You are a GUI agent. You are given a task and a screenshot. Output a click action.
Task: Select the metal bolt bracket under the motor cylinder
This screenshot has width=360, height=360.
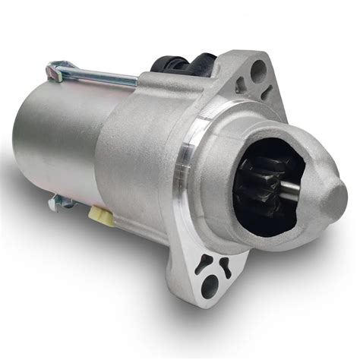pyautogui.click(x=61, y=203)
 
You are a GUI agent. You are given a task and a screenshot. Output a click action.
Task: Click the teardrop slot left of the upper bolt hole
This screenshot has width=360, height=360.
pyautogui.click(x=241, y=83)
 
